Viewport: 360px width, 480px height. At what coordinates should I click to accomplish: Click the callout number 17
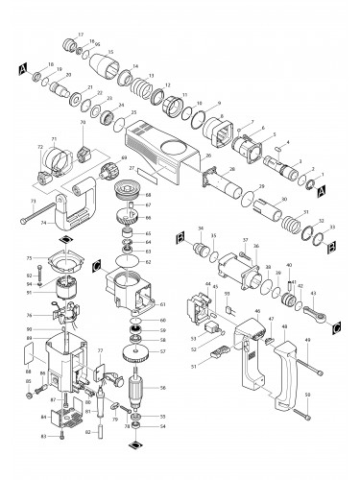[x=80, y=33]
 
